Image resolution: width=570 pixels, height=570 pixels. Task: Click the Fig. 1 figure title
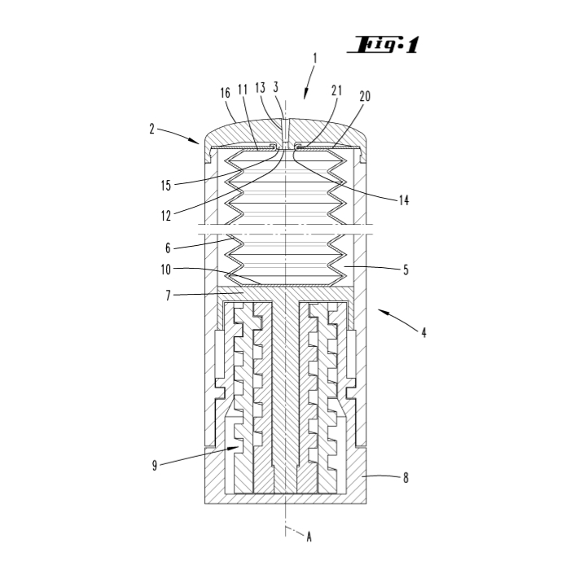click(384, 45)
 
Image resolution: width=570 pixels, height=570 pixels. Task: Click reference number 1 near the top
click(315, 59)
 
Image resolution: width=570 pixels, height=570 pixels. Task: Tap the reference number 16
click(226, 93)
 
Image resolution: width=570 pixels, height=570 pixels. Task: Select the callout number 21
click(337, 90)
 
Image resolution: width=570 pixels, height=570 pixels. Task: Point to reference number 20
click(365, 96)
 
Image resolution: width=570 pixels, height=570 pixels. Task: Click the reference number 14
click(404, 200)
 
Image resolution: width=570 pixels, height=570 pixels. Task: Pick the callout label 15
click(166, 186)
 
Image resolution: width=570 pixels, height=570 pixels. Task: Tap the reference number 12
click(166, 216)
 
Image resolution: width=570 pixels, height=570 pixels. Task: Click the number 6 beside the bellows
click(168, 248)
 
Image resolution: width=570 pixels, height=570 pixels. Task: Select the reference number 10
click(166, 270)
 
